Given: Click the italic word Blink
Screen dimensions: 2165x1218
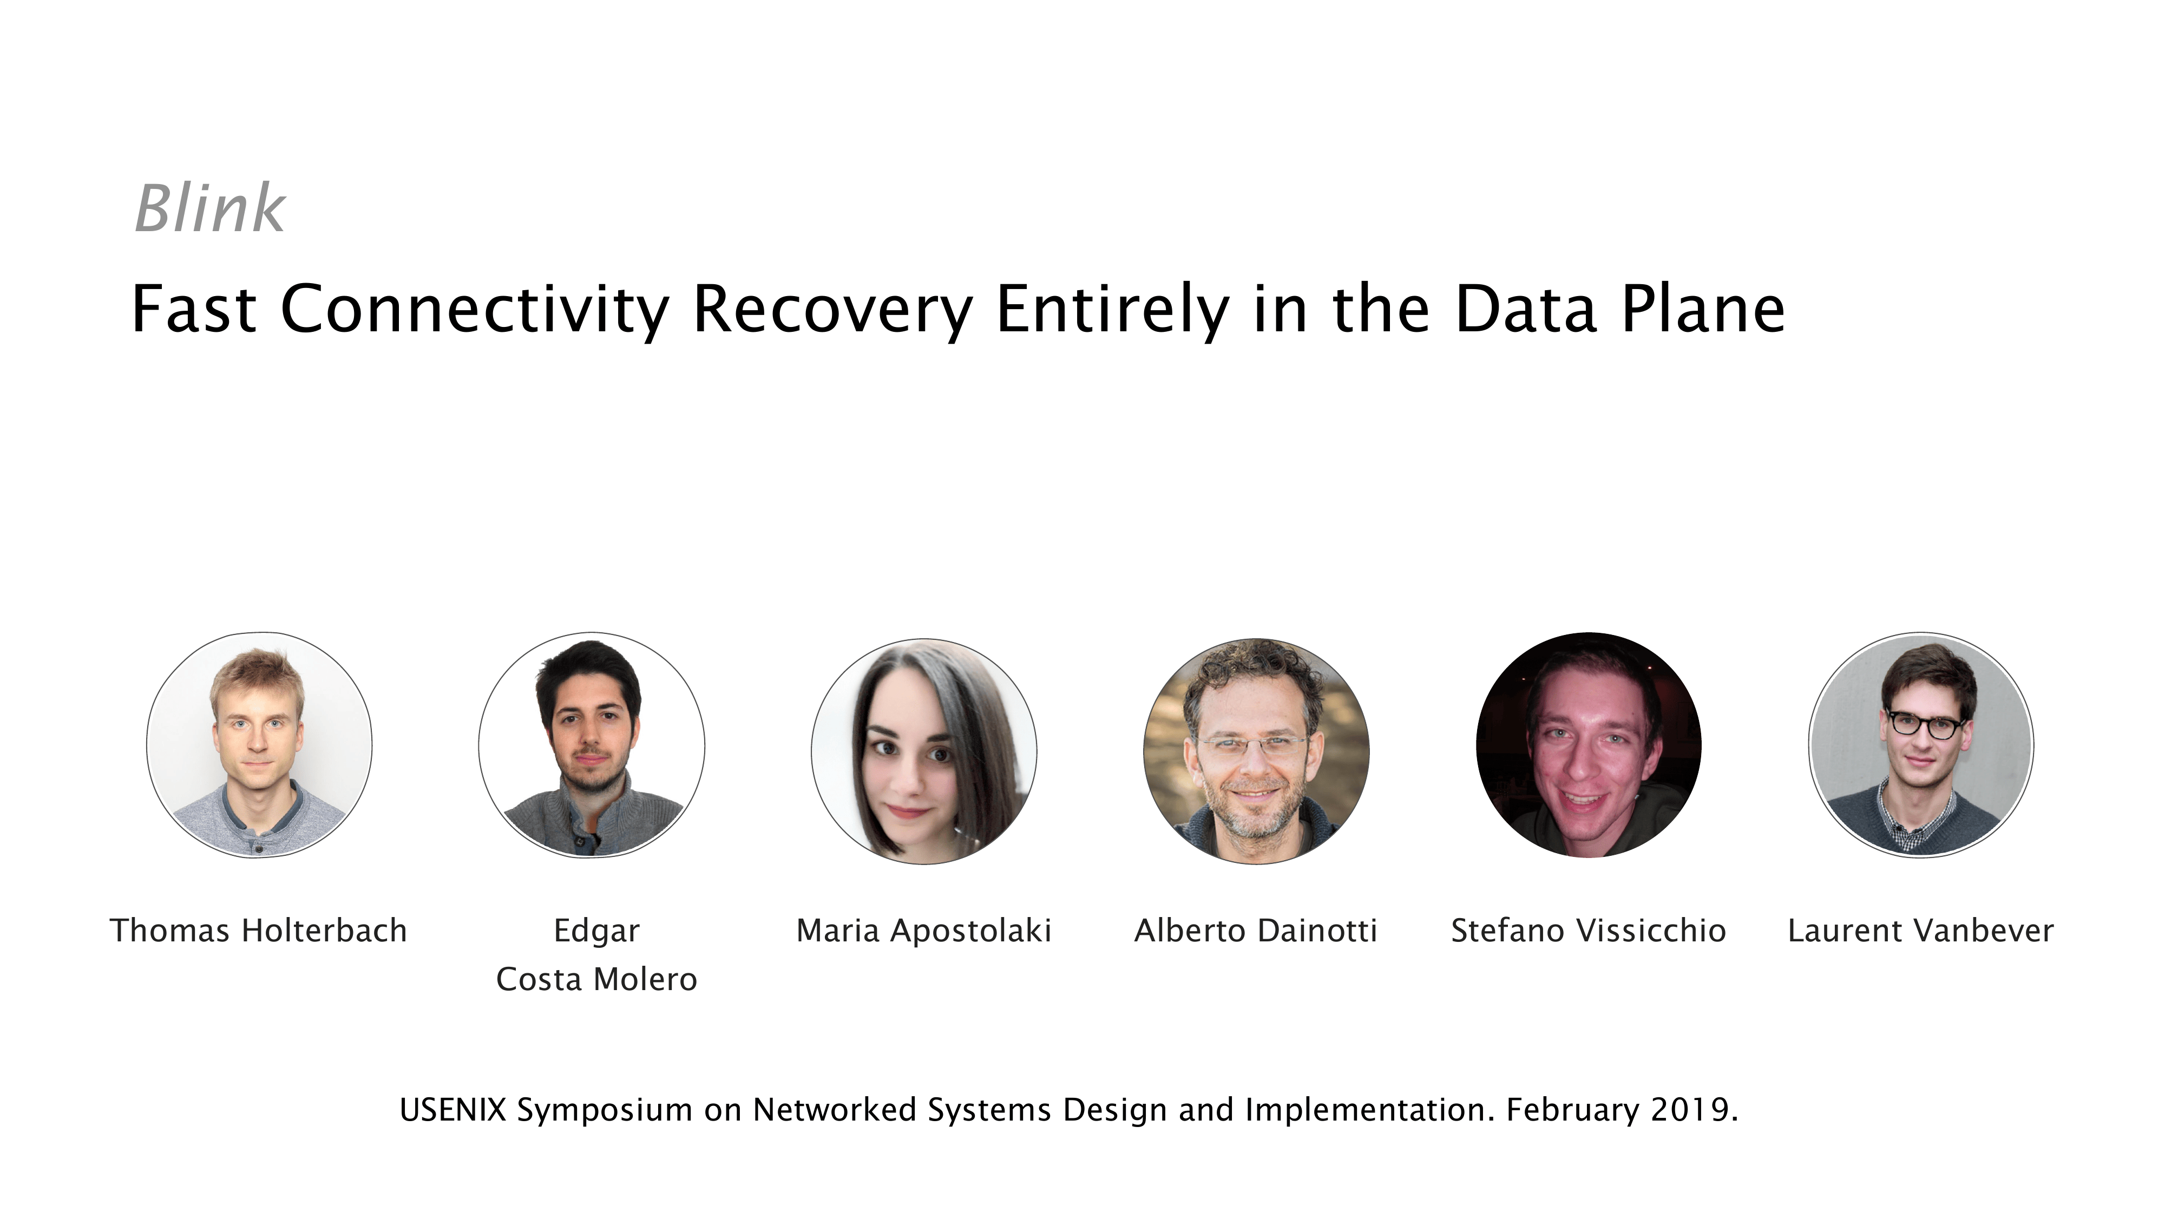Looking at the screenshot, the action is click(210, 208).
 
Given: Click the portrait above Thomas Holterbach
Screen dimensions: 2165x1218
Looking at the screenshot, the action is click(259, 745).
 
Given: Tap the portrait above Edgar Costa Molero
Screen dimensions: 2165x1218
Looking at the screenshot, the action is click(592, 745).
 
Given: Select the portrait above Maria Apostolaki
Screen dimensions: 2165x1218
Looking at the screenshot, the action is click(924, 751).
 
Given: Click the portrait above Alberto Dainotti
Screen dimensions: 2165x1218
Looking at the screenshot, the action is click(1256, 751).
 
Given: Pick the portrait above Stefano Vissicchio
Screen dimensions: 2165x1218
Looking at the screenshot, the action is click(1589, 745).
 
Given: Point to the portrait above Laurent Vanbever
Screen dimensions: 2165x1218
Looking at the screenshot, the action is click(1921, 745).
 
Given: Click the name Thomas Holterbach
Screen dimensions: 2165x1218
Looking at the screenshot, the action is click(259, 931).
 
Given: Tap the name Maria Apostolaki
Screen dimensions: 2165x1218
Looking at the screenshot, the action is click(924, 931).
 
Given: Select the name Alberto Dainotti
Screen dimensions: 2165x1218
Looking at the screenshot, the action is click(1256, 931).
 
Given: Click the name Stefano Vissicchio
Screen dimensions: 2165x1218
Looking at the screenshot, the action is click(1589, 931).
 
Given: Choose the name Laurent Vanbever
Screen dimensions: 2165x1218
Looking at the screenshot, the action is click(1920, 931).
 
